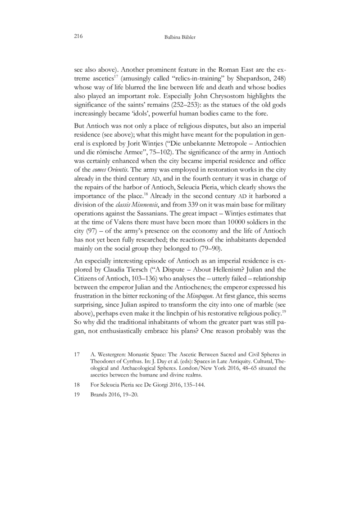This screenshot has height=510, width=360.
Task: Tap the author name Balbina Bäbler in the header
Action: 180,37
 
